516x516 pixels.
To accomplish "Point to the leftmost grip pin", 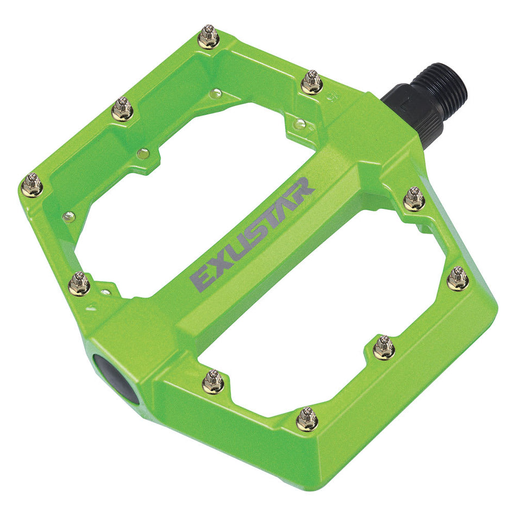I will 32,185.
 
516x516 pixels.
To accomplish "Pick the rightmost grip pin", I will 458,279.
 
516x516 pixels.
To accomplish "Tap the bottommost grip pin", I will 307,419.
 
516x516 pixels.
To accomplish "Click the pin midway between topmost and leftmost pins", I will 122,109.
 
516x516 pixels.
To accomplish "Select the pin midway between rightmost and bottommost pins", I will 385,348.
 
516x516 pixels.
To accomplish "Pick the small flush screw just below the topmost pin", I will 216,93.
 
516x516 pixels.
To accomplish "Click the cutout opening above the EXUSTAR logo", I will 185,196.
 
